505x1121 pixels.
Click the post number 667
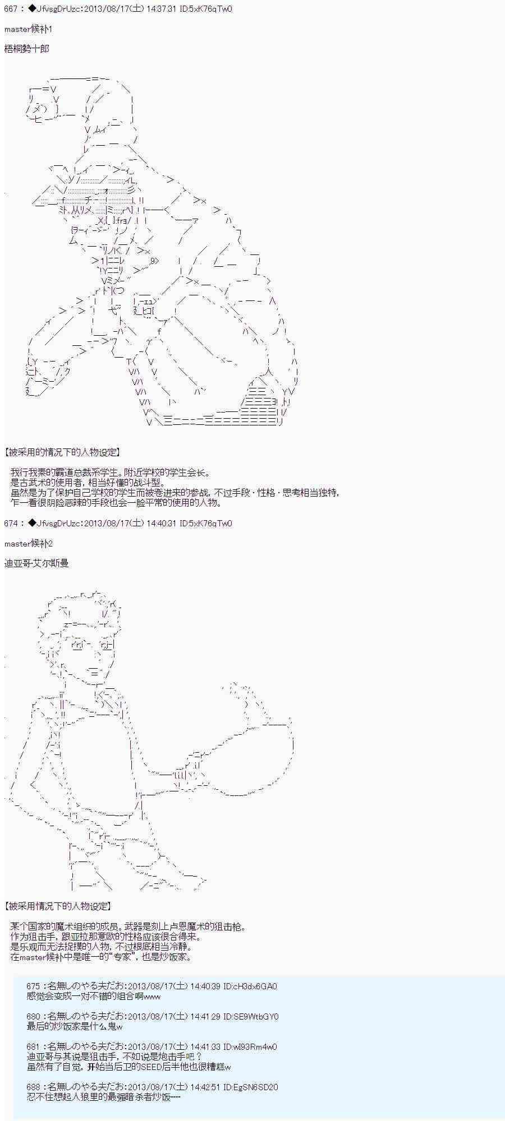click(x=11, y=9)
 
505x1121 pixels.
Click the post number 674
click(x=11, y=523)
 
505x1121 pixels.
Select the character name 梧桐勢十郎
click(x=27, y=49)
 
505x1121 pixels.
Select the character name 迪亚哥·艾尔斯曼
click(x=36, y=563)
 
